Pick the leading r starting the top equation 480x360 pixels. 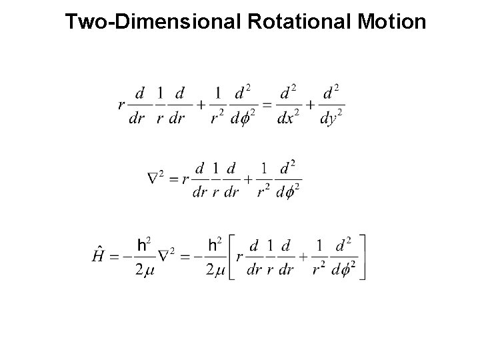(x=121, y=104)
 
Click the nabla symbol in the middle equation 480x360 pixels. (x=153, y=179)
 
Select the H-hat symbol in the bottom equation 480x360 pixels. (x=97, y=257)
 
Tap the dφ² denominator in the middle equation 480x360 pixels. (x=289, y=191)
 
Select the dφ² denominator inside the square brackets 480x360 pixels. (x=344, y=269)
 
